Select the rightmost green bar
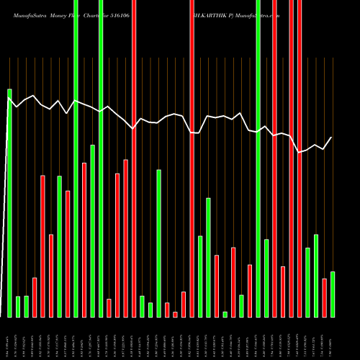[332, 294]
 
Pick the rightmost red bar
[324, 297]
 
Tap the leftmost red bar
[35, 297]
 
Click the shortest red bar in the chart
[175, 314]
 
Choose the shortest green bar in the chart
[225, 314]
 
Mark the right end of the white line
[332, 138]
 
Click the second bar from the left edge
[18, 306]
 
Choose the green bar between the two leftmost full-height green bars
[92, 230]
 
